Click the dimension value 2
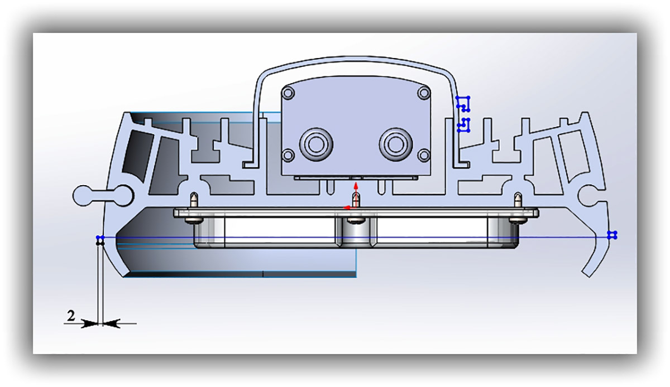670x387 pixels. click(x=70, y=316)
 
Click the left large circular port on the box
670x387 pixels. click(x=316, y=144)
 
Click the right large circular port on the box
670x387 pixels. click(x=396, y=144)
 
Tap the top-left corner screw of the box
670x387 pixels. click(x=288, y=93)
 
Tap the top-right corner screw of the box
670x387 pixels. click(x=424, y=93)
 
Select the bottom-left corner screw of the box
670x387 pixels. click(x=288, y=156)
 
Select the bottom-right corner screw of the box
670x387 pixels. click(x=424, y=156)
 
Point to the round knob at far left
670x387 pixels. click(x=83, y=196)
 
